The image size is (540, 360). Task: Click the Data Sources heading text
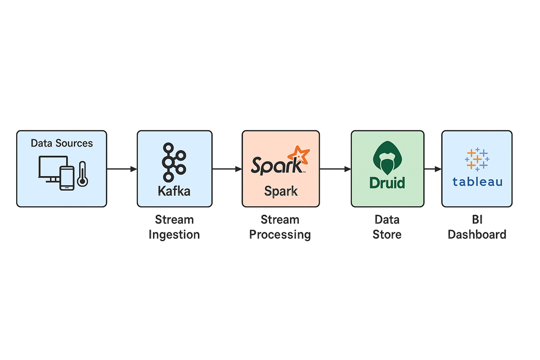coord(61,143)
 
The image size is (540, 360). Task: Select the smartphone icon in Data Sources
coord(67,178)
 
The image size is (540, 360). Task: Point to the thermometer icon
coord(82,175)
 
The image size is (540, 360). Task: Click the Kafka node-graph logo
coord(173,162)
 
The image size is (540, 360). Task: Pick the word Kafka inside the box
coord(174,191)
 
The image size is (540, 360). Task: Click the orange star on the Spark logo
coord(299,155)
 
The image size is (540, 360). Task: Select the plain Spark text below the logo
coord(281,191)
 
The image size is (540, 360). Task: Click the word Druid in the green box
coord(387,183)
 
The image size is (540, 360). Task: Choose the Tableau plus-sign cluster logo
coord(477,159)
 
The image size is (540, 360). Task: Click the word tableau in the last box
coord(477,182)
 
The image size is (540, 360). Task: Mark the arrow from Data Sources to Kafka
coord(122,169)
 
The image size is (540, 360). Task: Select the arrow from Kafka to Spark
coord(227,169)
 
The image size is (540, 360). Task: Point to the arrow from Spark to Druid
coord(335,169)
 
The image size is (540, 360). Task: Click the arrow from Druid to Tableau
coord(432,169)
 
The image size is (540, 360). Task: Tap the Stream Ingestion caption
coord(174,227)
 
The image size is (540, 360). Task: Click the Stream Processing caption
coord(280,227)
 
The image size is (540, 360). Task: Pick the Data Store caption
coord(387,227)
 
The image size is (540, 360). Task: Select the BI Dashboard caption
coord(477,227)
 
